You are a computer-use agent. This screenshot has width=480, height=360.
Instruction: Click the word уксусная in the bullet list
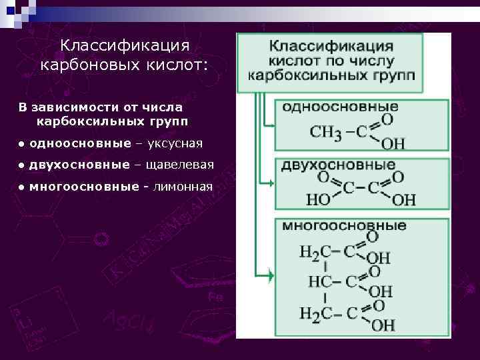click(175, 143)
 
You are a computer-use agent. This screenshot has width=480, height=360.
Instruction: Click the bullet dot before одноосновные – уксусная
click(22, 144)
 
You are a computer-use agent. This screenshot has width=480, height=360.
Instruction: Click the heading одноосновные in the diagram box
click(341, 107)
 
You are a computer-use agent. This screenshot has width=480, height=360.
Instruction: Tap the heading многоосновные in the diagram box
click(344, 225)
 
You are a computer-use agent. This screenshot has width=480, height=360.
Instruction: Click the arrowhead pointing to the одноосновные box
click(271, 125)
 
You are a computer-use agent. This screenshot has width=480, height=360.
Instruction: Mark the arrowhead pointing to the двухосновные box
click(271, 184)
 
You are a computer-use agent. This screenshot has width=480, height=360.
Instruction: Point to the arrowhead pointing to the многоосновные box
click(269, 274)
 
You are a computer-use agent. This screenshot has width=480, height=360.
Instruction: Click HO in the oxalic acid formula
click(316, 199)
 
